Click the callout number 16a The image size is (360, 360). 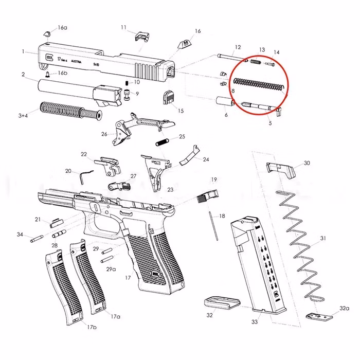click(x=62, y=28)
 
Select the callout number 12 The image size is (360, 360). click(x=237, y=47)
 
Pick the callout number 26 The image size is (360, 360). click(x=104, y=134)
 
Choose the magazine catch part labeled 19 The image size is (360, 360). click(x=208, y=195)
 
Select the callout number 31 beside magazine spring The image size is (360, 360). click(x=323, y=238)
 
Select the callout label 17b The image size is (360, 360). click(x=91, y=327)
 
